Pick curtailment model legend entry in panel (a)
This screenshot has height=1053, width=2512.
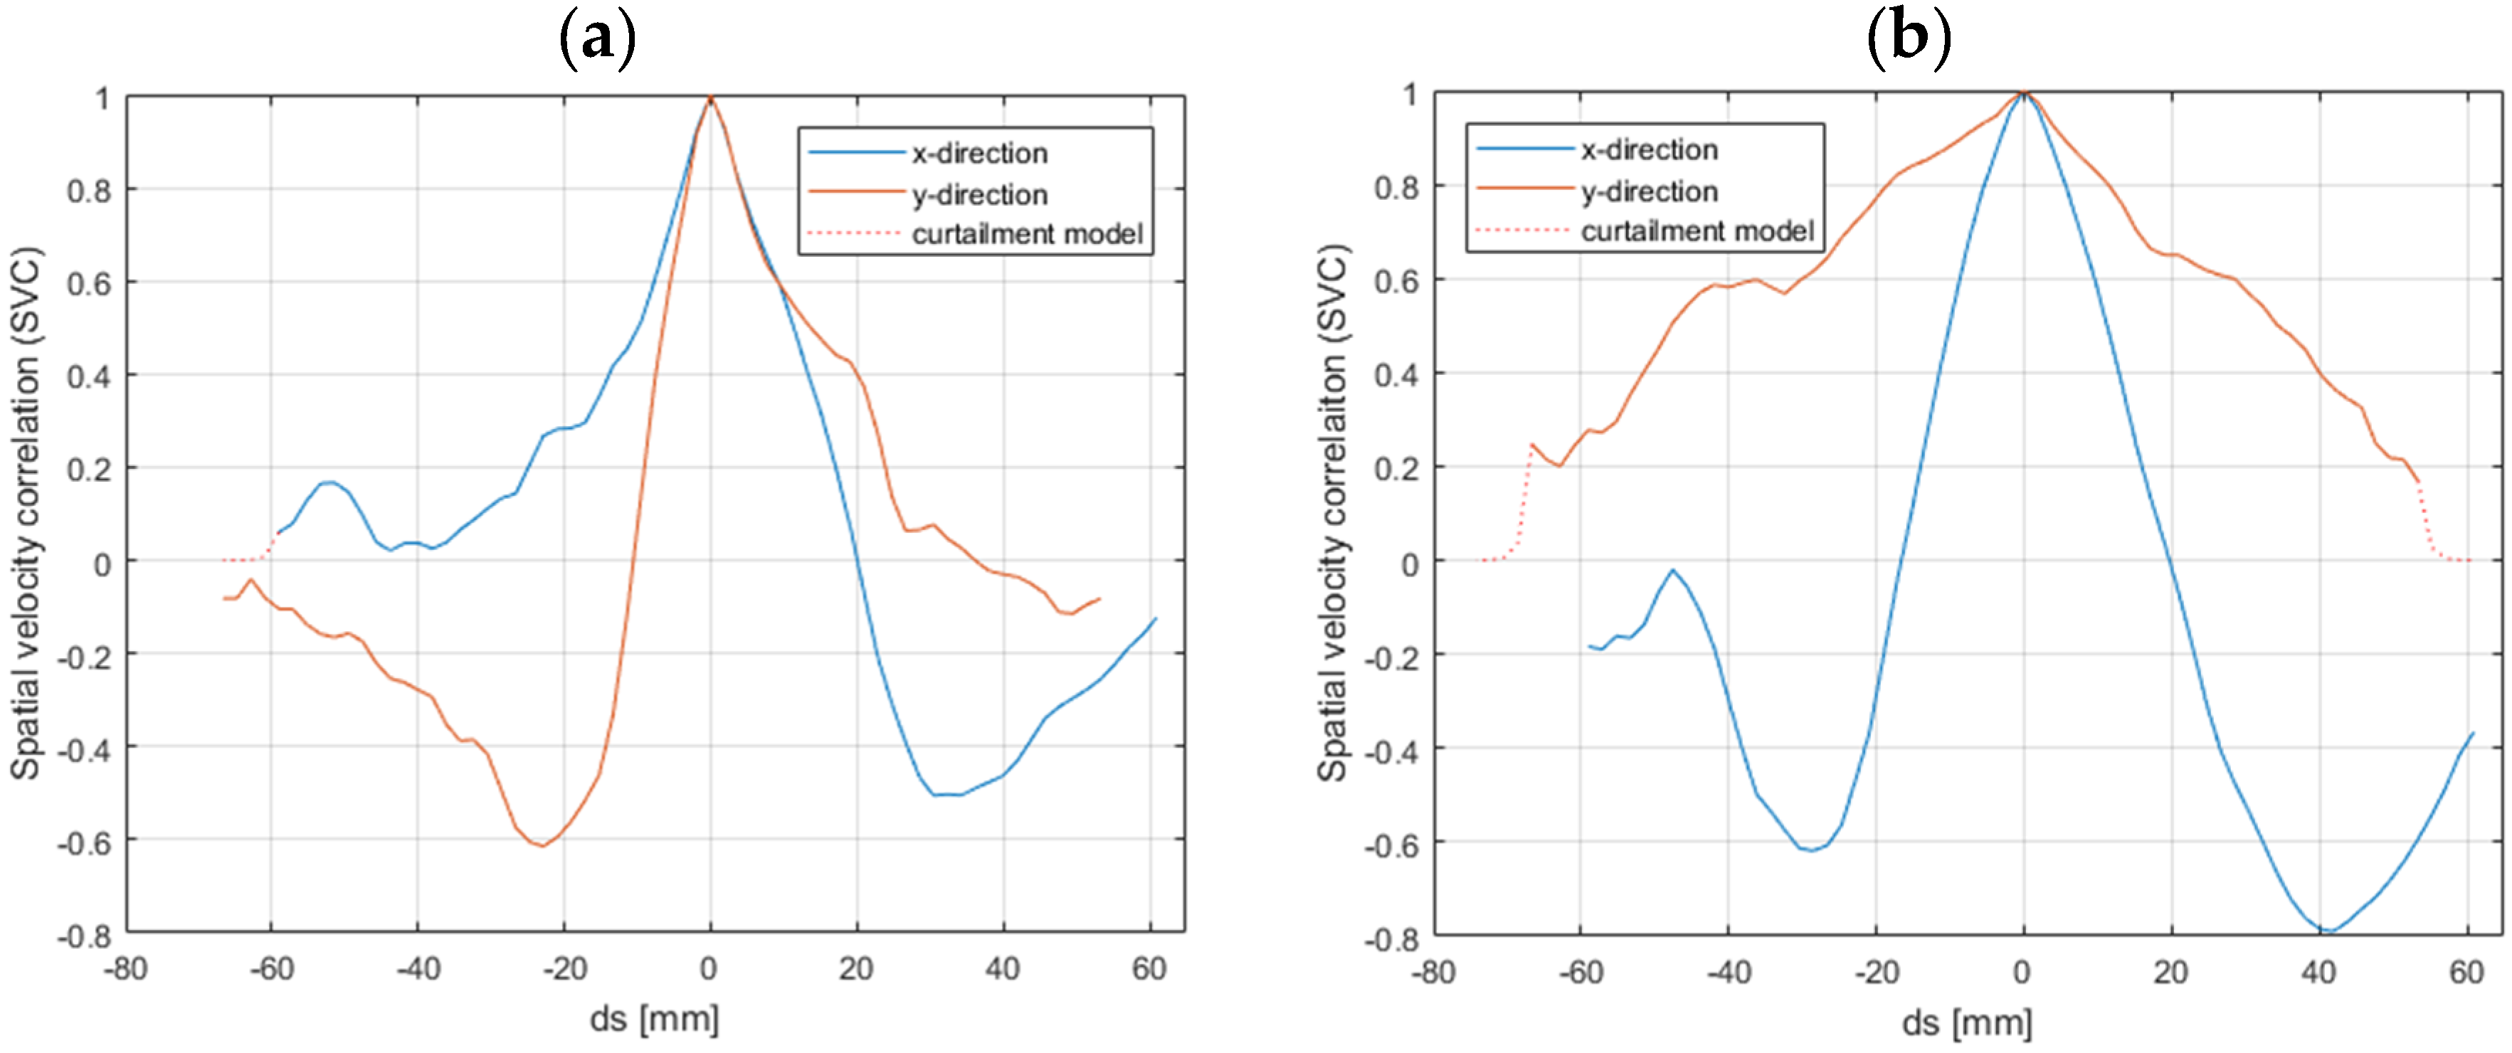pyautogui.click(x=1026, y=234)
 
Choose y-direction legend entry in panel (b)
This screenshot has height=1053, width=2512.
pyautogui.click(x=1648, y=191)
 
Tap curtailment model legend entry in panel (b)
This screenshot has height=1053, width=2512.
pyautogui.click(x=1696, y=231)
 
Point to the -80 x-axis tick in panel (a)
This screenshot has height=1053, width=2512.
pyautogui.click(x=125, y=969)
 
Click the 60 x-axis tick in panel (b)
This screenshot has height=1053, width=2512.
pyautogui.click(x=2466, y=972)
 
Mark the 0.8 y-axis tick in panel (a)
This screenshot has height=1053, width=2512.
pyautogui.click(x=89, y=190)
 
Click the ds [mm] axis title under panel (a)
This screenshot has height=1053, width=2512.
pyautogui.click(x=654, y=1020)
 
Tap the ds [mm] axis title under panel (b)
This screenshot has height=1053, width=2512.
pyautogui.click(x=1967, y=1023)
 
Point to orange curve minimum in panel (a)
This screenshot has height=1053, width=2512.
pyautogui.click(x=542, y=845)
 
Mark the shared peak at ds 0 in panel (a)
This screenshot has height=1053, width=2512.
pyautogui.click(x=711, y=97)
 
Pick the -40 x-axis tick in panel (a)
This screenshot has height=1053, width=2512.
pyautogui.click(x=418, y=969)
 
